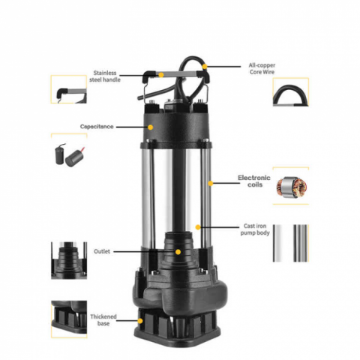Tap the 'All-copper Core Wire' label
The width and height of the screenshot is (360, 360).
click(x=262, y=69)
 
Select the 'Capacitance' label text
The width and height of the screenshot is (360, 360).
click(x=97, y=127)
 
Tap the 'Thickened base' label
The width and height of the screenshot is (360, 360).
click(x=103, y=321)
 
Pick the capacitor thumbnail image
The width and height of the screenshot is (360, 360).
click(x=68, y=153)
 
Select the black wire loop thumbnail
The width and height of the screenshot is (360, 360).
click(x=289, y=94)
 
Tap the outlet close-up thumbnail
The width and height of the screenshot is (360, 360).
click(x=69, y=259)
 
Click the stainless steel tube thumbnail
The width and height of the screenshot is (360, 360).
click(x=289, y=242)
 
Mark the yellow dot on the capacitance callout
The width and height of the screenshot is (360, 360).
click(x=150, y=127)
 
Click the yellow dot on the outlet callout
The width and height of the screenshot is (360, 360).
click(x=178, y=251)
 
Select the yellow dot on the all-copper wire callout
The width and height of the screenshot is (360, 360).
click(x=204, y=66)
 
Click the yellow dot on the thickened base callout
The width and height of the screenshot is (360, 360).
click(x=140, y=320)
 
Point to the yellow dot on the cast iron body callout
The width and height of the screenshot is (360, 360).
click(x=198, y=226)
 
